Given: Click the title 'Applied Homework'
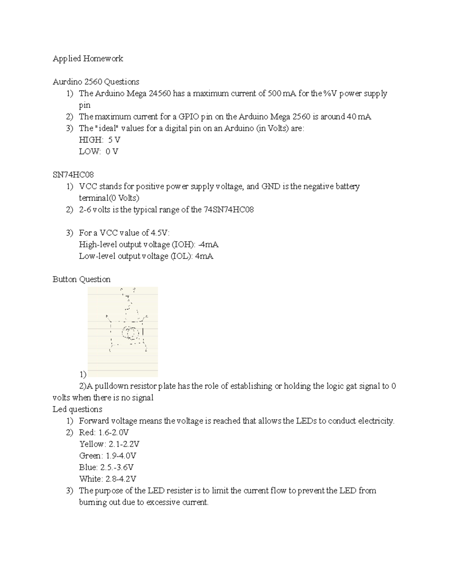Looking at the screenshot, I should [88, 59].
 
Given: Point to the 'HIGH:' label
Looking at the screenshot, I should [91, 140].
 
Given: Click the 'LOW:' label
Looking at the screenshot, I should [90, 152].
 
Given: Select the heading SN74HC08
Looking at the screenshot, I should [73, 175].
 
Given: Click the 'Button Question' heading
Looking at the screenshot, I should [82, 279].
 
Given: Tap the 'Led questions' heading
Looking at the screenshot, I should [77, 409].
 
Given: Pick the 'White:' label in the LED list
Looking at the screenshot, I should [91, 479].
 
